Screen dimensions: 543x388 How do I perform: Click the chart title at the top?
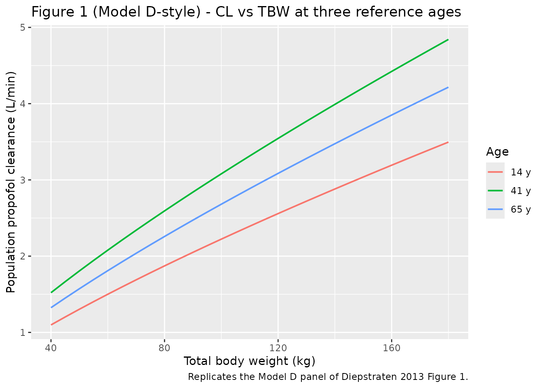click(246, 12)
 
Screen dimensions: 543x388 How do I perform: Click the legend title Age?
click(497, 152)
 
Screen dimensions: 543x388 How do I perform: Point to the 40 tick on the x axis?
click(51, 348)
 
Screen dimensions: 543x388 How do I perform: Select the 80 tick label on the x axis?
click(164, 348)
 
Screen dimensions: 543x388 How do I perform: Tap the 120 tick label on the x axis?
click(278, 348)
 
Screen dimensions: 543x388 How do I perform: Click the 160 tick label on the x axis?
click(391, 348)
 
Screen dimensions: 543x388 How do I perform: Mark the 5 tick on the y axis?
click(23, 27)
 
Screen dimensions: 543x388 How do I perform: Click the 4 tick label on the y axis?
click(23, 104)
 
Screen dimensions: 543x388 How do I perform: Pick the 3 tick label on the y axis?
click(23, 180)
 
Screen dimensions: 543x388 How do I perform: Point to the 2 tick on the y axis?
click(23, 256)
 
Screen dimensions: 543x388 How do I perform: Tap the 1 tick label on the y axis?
click(23, 332)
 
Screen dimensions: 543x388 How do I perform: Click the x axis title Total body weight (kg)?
click(249, 361)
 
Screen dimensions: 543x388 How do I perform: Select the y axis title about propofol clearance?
click(11, 182)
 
